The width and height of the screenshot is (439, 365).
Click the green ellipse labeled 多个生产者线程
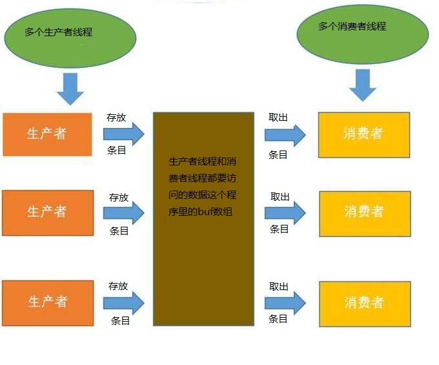(70, 38)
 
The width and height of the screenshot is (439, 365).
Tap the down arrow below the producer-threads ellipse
(70, 89)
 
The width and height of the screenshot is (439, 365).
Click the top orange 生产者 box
(47, 134)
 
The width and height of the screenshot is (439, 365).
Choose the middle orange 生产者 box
(47, 212)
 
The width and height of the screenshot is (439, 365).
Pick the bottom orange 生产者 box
(47, 302)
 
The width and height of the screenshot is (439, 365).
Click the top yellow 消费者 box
(364, 134)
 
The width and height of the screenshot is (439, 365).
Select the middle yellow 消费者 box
(364, 212)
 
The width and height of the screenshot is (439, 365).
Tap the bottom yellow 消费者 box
(364, 303)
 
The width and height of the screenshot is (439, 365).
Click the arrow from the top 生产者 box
(124, 134)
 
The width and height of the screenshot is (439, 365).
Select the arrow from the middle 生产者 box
(124, 212)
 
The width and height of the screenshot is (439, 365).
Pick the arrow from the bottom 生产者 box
(124, 302)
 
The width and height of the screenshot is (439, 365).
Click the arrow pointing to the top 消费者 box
(285, 134)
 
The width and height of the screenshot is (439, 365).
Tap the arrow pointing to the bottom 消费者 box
(285, 302)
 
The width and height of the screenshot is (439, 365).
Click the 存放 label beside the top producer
(116, 118)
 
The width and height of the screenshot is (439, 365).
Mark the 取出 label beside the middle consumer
(280, 196)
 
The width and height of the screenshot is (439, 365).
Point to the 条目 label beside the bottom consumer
(278, 318)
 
